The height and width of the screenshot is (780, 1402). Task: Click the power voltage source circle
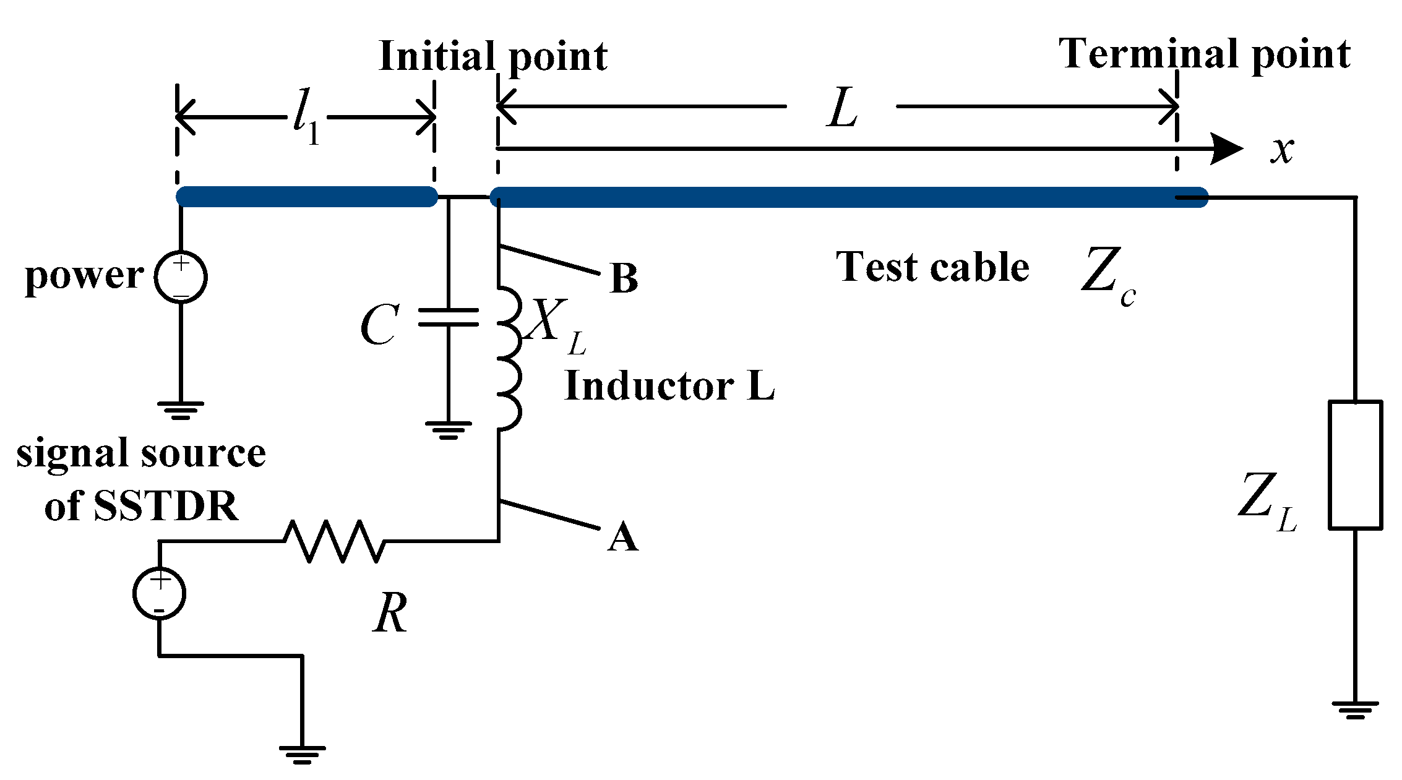point(181,277)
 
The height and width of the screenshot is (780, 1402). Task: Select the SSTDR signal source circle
point(159,593)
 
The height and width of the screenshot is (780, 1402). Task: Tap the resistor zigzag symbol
point(334,541)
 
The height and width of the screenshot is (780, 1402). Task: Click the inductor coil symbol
point(509,358)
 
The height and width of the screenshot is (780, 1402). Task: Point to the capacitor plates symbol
point(449,317)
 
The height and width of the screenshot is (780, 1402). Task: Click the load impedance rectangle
point(1355,465)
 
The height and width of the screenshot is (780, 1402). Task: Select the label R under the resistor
point(390,612)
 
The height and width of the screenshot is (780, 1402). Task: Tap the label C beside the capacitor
point(379,325)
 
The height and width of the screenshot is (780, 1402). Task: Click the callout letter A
point(622,536)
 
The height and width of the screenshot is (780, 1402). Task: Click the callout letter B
point(623,278)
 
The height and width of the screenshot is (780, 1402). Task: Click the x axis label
point(1282,150)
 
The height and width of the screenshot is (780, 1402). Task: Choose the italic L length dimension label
point(842,108)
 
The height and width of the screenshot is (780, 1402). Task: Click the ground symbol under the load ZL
point(1355,709)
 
